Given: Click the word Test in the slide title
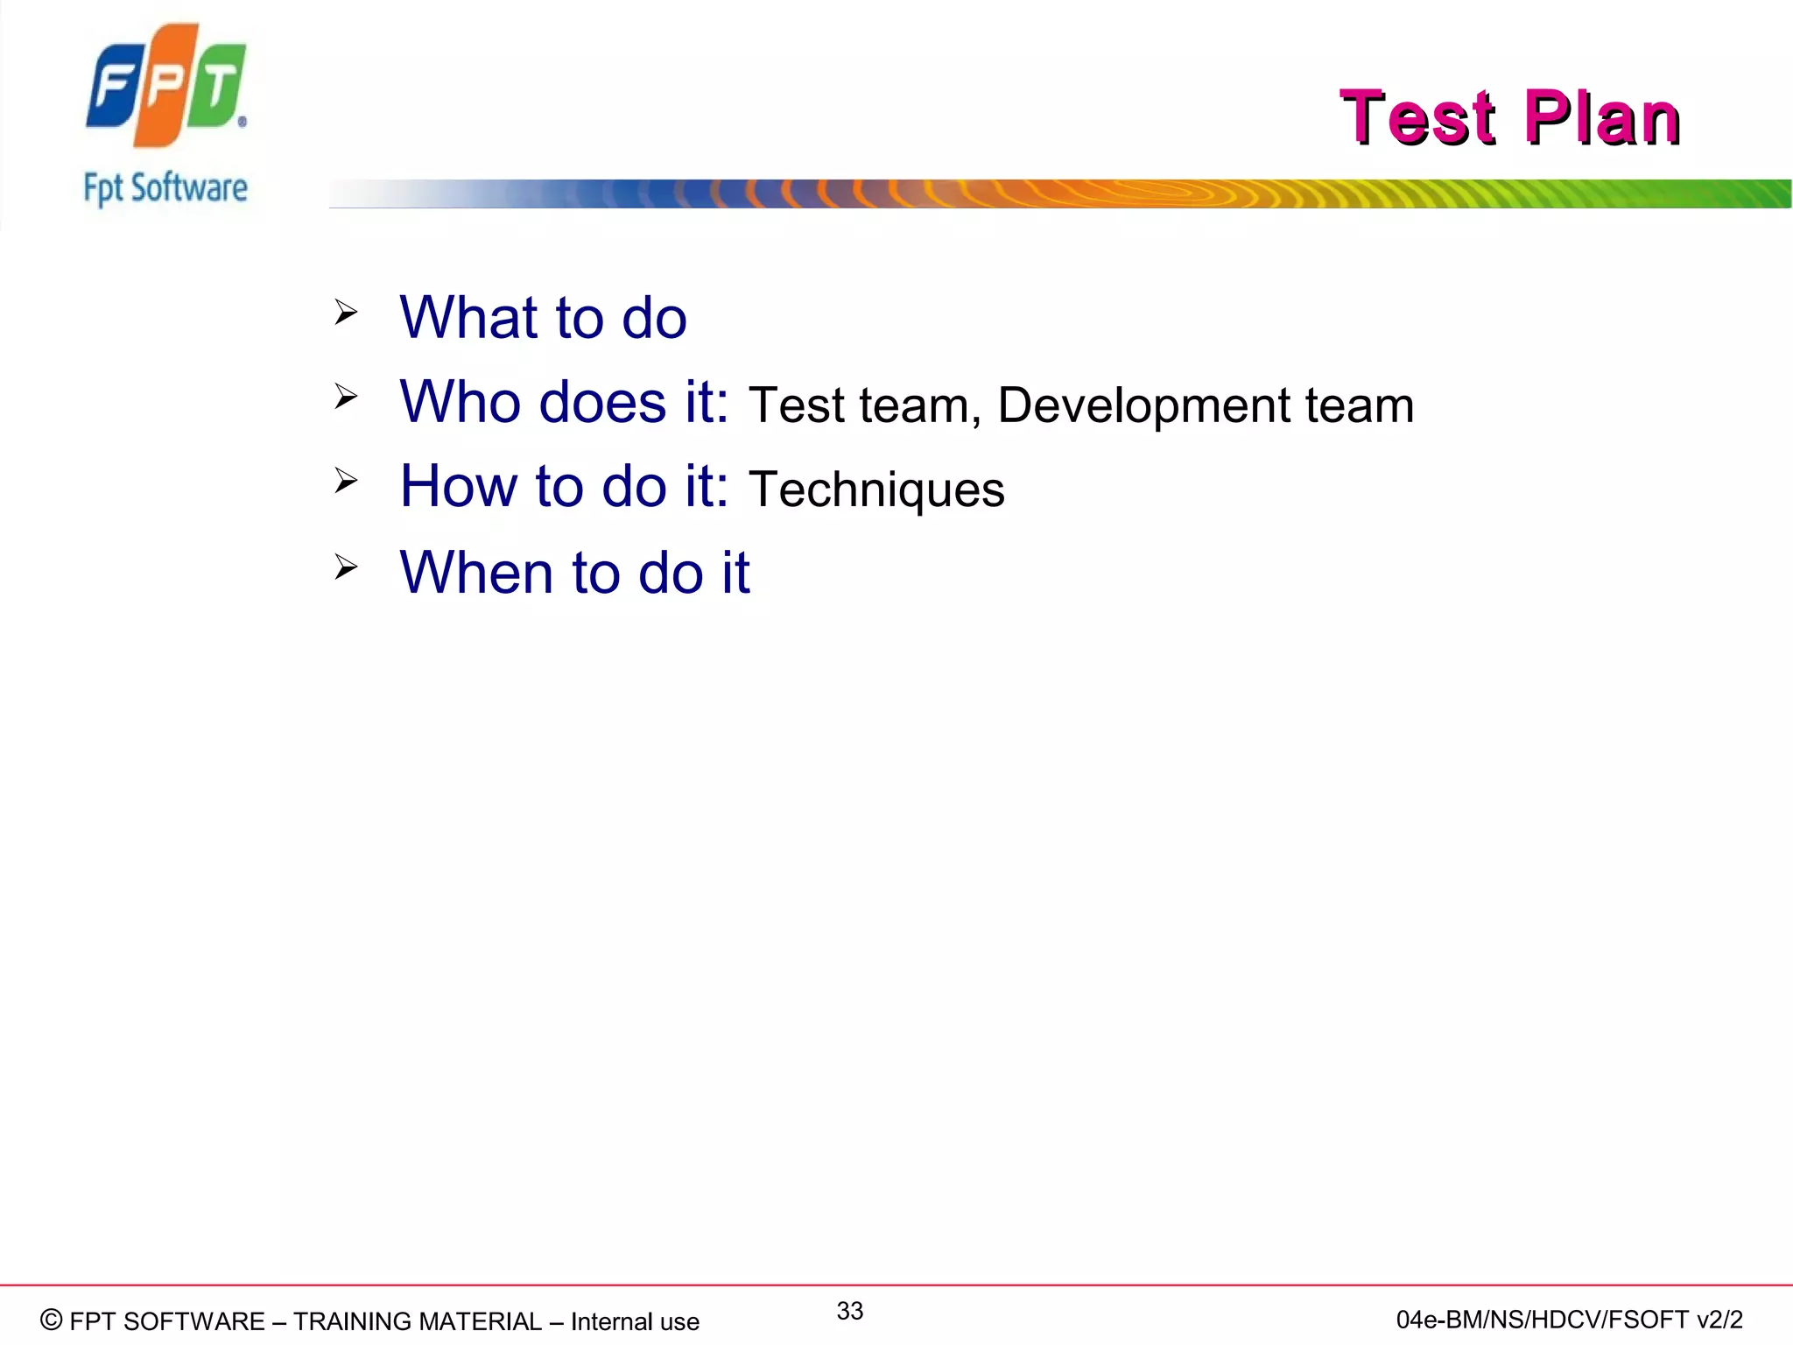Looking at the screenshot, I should coord(1418,117).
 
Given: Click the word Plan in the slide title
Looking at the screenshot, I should coord(1601,117).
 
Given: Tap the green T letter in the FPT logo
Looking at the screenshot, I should coord(217,87).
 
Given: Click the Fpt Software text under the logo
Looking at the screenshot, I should coord(165,188).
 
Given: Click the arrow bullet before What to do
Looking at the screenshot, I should coord(346,313).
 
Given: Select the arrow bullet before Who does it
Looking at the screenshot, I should coord(346,398).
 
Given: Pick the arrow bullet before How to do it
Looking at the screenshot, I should coord(346,481).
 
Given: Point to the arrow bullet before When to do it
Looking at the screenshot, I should coord(346,567).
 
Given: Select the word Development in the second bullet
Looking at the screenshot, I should coord(1143,405).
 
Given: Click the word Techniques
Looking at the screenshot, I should coord(876,490).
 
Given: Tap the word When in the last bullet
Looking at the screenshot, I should coord(476,573).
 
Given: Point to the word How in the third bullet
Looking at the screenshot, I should coord(459,486).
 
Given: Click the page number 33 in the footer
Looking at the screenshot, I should coord(849,1311).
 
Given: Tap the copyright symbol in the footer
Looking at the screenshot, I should coord(52,1320).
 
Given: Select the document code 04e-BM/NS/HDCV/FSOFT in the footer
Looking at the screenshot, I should coord(1541,1320).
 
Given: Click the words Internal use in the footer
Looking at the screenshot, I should coord(635,1321).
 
